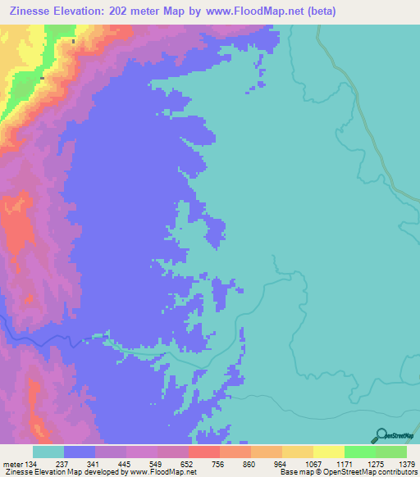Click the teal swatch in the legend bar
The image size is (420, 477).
[48, 452]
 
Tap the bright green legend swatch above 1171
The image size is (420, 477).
[360, 452]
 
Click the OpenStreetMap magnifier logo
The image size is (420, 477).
[380, 436]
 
